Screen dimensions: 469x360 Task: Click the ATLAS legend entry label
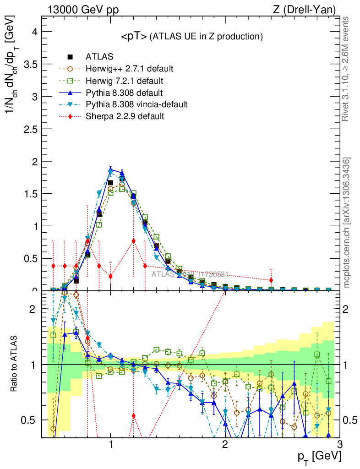[100, 57]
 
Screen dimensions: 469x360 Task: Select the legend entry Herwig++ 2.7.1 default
[129, 69]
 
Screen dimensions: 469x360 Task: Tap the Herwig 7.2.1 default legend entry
[125, 81]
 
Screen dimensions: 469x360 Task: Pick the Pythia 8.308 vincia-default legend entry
[136, 104]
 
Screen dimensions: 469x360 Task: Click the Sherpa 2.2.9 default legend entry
[125, 116]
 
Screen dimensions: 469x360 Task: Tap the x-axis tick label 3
[339, 444]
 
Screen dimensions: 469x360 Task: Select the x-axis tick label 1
[110, 444]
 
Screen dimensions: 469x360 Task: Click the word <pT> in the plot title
[134, 37]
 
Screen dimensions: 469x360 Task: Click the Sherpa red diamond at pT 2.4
[271, 280]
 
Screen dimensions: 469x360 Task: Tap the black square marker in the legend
[70, 57]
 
